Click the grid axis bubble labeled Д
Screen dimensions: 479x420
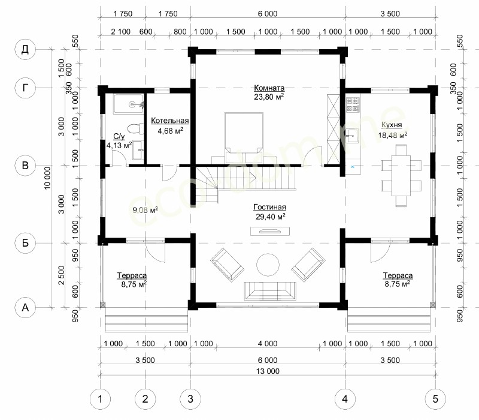[25, 49]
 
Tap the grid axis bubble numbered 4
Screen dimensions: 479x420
[345, 399]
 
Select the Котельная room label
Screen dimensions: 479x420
[170, 121]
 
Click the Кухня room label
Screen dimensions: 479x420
[392, 125]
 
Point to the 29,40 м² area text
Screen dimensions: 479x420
[271, 217]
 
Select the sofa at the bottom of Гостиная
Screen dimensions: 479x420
[270, 291]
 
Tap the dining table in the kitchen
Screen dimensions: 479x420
[401, 176]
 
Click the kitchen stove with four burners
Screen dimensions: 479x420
[353, 104]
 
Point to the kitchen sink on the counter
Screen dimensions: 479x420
[353, 136]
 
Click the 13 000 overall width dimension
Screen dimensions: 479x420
[268, 371]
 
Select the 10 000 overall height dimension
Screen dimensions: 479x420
[47, 178]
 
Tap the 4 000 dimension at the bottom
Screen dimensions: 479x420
[268, 344]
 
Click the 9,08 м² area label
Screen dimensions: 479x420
[145, 210]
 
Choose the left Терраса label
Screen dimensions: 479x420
[132, 275]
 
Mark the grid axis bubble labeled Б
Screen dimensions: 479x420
[25, 243]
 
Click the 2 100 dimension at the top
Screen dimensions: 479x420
[121, 32]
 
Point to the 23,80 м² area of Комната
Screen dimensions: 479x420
[269, 97]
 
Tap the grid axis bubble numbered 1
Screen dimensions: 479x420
[100, 399]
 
